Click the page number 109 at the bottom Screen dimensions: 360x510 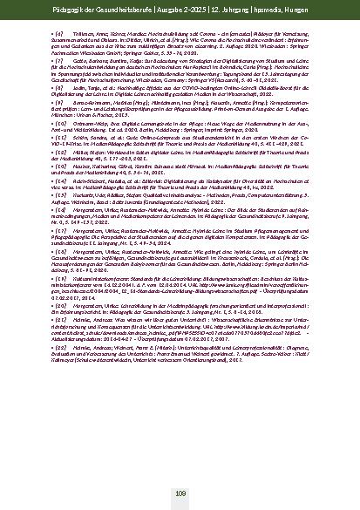point(180,493)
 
